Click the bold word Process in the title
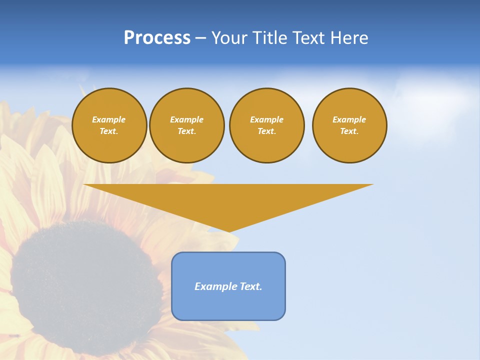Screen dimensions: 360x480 (157, 38)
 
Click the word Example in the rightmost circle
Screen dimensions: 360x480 (349, 119)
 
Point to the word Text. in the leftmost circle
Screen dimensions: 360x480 (109, 131)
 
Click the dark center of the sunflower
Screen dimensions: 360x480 (85, 280)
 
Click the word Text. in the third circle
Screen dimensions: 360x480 (266, 131)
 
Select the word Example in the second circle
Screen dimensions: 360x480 (186, 119)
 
